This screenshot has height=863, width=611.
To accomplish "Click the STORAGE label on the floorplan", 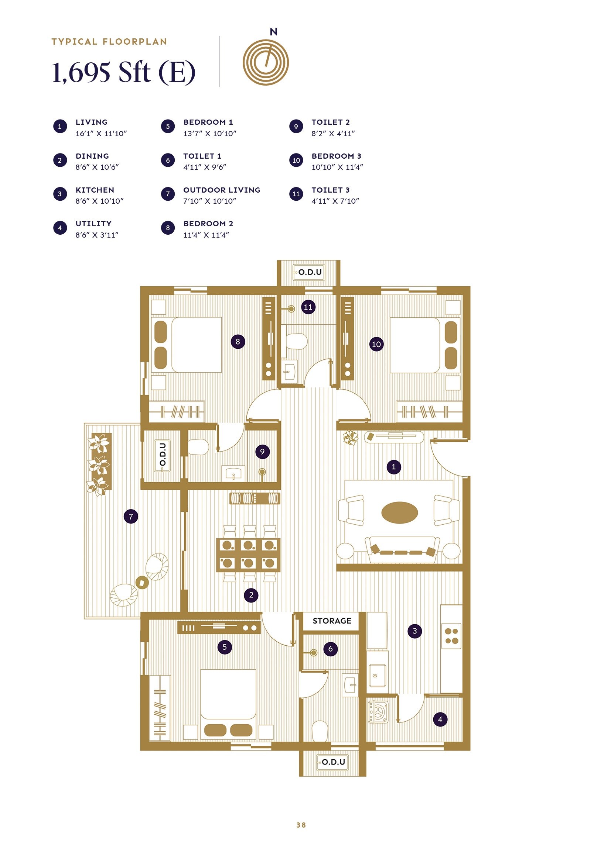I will click(331, 621).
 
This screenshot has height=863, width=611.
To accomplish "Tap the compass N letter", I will click(273, 32).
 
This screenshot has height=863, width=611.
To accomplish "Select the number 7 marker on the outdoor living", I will click(131, 517).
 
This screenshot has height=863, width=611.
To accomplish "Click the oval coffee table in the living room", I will click(399, 512).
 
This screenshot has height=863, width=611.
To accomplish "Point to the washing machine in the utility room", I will click(378, 711).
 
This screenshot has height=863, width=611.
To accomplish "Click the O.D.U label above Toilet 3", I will click(310, 272).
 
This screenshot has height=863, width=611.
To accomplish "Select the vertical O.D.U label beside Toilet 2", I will click(163, 455).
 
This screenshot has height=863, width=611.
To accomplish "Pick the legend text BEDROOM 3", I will click(336, 156).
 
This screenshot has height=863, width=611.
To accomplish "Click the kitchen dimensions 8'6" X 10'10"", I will click(99, 201).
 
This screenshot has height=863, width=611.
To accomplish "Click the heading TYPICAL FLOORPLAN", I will click(109, 42).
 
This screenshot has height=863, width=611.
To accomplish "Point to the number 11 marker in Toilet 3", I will click(308, 307).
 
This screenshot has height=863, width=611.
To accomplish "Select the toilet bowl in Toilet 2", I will click(198, 447).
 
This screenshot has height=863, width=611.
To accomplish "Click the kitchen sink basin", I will click(377, 676).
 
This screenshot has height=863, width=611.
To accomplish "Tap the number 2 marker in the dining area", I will click(251, 595).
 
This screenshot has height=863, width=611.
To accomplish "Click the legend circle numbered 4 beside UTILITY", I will click(60, 228).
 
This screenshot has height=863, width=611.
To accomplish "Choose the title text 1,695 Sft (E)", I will click(123, 72).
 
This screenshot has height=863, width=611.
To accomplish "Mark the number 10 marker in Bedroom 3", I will click(376, 344).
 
